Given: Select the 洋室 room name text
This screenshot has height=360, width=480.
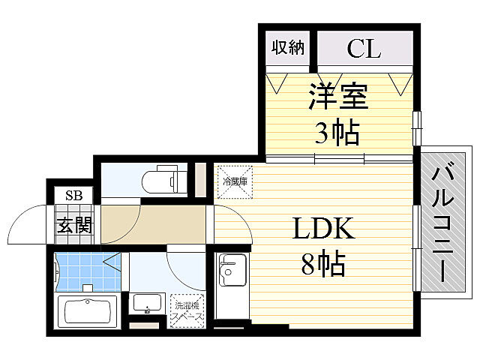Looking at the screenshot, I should (x=336, y=98).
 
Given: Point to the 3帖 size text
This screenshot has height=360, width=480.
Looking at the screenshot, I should (x=336, y=133).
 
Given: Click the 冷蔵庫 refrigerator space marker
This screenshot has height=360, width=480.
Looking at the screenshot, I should (x=235, y=181).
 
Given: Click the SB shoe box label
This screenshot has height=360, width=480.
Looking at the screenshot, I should (x=73, y=196).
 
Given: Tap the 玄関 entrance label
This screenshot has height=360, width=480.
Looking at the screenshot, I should (x=74, y=224).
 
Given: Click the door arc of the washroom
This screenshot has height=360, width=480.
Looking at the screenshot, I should (x=184, y=266).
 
